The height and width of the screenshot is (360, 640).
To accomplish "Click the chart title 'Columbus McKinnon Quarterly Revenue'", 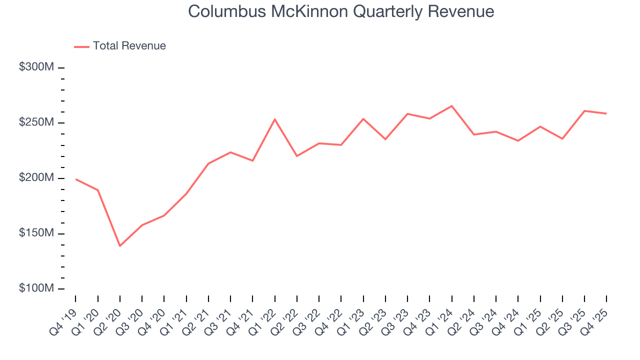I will (x=341, y=12).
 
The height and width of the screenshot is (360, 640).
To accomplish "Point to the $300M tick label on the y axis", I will (x=36, y=67).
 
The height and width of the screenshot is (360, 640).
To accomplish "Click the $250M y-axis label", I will (x=36, y=123).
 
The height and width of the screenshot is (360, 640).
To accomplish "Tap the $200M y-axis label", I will (x=36, y=178).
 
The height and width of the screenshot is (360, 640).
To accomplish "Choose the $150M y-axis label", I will (x=36, y=233).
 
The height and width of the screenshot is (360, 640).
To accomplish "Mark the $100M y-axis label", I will (x=36, y=289).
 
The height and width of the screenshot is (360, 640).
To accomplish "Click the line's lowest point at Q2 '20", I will (x=120, y=246).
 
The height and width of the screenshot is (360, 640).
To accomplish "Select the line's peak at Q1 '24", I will (x=451, y=106).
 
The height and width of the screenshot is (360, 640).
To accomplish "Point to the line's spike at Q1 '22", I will (x=274, y=119).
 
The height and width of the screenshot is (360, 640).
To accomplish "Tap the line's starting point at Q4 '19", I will (x=75, y=179).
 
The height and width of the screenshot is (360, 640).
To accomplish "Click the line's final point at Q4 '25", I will (x=606, y=113).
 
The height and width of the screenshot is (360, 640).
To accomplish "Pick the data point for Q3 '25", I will (x=584, y=110).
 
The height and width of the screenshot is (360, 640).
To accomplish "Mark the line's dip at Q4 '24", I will (x=518, y=141).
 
